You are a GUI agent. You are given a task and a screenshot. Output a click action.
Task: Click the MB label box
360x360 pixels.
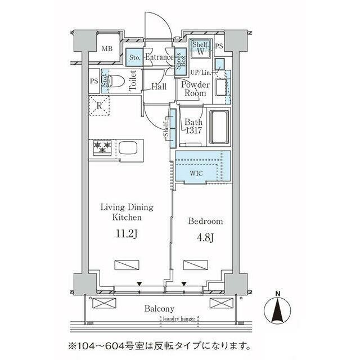(x=107, y=48)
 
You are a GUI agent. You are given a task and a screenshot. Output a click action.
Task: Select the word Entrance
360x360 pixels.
(x=160, y=57)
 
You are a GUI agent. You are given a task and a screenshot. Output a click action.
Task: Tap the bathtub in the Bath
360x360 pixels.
(x=219, y=127)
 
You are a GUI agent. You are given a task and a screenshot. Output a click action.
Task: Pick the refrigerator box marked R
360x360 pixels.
(x=100, y=105)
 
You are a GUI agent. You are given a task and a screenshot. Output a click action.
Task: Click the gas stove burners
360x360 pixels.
(x=102, y=147)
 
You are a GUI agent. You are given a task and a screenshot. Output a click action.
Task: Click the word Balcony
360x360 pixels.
(x=159, y=308)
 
